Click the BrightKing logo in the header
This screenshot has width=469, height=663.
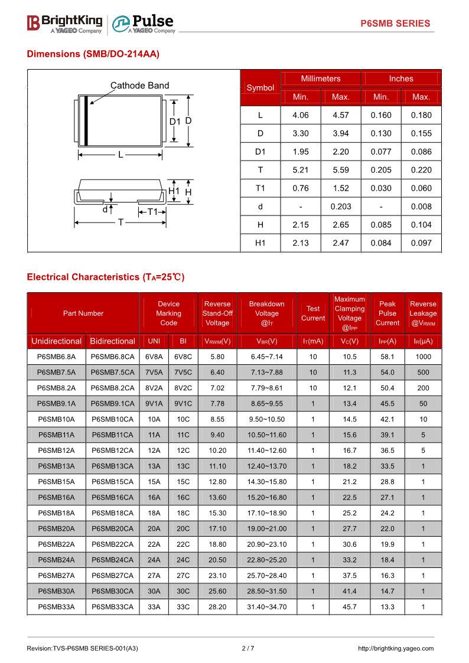pyautogui.click(x=65, y=23)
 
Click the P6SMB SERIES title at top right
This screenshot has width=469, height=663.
pyautogui.click(x=395, y=24)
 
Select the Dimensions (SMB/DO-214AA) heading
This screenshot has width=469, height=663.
pyautogui.click(x=93, y=54)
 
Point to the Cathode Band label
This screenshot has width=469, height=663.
pyautogui.click(x=139, y=86)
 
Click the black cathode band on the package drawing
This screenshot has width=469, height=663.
pyautogui.click(x=86, y=120)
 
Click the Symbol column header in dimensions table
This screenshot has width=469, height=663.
pyautogui.click(x=260, y=88)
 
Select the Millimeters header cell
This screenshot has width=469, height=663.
pyautogui.click(x=321, y=79)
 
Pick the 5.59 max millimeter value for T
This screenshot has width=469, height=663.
pyautogui.click(x=341, y=170)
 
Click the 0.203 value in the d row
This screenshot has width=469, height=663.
pyautogui.click(x=341, y=207)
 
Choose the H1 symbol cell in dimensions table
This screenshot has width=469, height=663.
pyautogui.click(x=260, y=243)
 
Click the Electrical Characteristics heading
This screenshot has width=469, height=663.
pyautogui.click(x=106, y=277)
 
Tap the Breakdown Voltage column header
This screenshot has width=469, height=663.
pyautogui.click(x=266, y=313)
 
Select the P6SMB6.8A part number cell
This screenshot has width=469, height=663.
pyautogui.click(x=56, y=357)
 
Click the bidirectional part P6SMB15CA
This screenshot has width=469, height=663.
pyautogui.click(x=112, y=482)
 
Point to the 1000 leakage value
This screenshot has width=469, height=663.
pyautogui.click(x=423, y=357)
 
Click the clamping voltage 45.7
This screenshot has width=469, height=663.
pyautogui.click(x=350, y=607)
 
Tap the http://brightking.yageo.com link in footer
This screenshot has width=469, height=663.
pyautogui.click(x=396, y=649)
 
